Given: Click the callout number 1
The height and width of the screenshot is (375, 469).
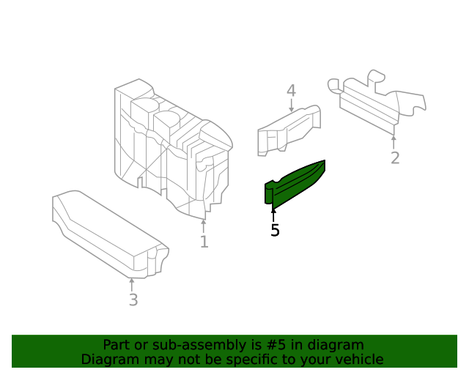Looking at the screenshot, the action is [204, 242].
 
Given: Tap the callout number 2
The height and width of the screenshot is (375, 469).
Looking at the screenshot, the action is [395, 158].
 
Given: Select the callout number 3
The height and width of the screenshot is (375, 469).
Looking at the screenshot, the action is [133, 300].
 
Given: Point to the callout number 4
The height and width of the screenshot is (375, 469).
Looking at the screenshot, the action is [292, 91].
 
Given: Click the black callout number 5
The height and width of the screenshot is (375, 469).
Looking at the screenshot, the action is [275, 230].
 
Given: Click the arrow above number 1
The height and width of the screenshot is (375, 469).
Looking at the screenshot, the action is [204, 226].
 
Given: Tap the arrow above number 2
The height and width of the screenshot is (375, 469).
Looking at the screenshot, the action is [394, 142].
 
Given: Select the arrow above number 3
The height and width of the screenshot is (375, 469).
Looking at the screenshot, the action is [132, 284].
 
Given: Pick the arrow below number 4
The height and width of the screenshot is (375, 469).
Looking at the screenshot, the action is [292, 105].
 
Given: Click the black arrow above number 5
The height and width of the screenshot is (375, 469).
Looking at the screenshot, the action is [273, 215].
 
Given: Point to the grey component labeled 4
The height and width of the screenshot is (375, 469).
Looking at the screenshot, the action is [289, 130].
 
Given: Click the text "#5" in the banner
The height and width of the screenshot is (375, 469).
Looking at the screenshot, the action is [276, 345].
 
